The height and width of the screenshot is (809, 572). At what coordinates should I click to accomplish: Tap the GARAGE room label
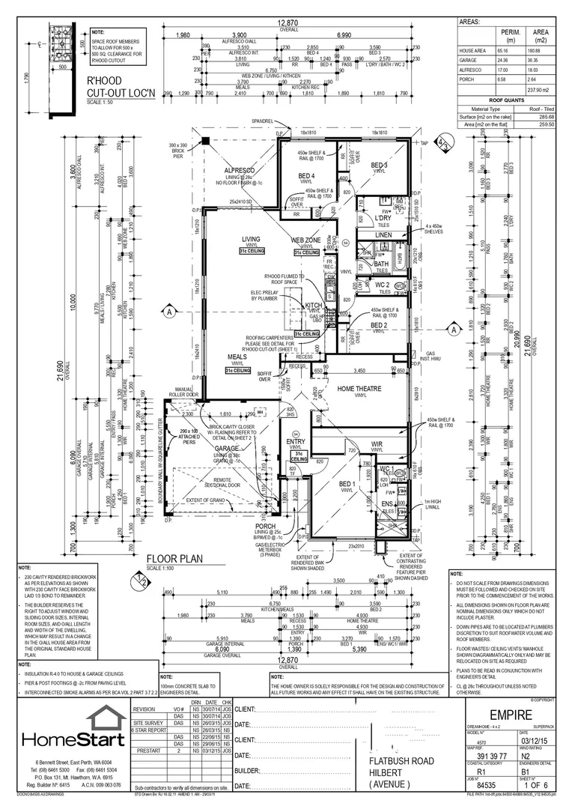tap(226, 448)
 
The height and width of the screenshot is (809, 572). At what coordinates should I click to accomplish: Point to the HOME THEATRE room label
tap(359, 388)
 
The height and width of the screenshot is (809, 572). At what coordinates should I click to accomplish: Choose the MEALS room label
tap(237, 357)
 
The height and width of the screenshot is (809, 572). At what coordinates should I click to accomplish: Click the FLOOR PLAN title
tap(174, 559)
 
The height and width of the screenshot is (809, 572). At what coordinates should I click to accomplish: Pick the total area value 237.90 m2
tap(533, 89)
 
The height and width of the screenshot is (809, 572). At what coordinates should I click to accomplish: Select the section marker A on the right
tap(454, 329)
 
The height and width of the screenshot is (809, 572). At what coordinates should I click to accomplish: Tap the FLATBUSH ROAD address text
tap(401, 759)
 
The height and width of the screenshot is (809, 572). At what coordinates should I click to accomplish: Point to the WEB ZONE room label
tap(305, 240)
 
